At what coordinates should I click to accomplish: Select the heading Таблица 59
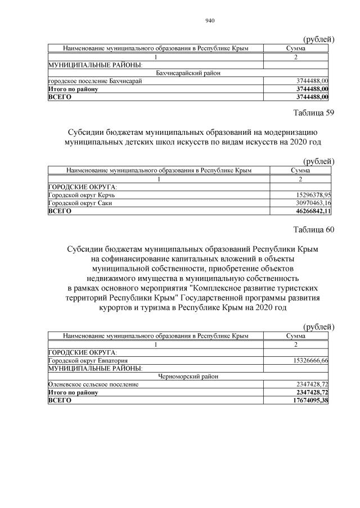click(x=314, y=112)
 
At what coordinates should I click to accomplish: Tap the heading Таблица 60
click(x=314, y=229)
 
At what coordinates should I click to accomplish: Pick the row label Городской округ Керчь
click(x=85, y=194)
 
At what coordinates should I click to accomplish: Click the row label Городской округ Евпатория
click(x=89, y=360)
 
